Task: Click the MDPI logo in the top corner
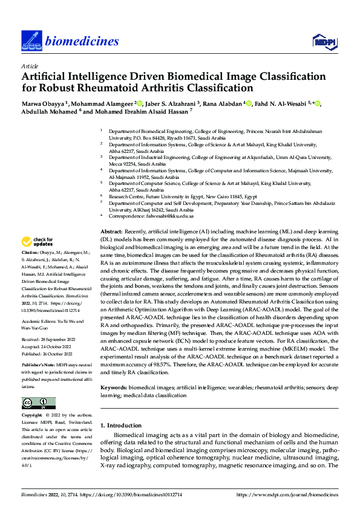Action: pos(323,41)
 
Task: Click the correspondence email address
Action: pos(168,216)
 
